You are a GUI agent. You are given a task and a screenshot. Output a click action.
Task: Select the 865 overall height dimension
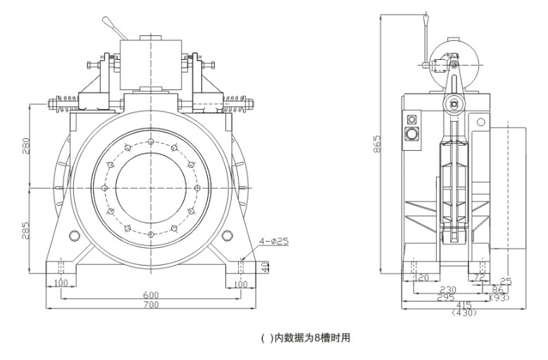click(x=377, y=144)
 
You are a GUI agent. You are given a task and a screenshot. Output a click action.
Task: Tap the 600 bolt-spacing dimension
click(x=150, y=294)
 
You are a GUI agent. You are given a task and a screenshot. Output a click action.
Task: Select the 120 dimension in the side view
click(x=421, y=279)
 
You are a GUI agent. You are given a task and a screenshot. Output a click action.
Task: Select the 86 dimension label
click(x=497, y=289)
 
